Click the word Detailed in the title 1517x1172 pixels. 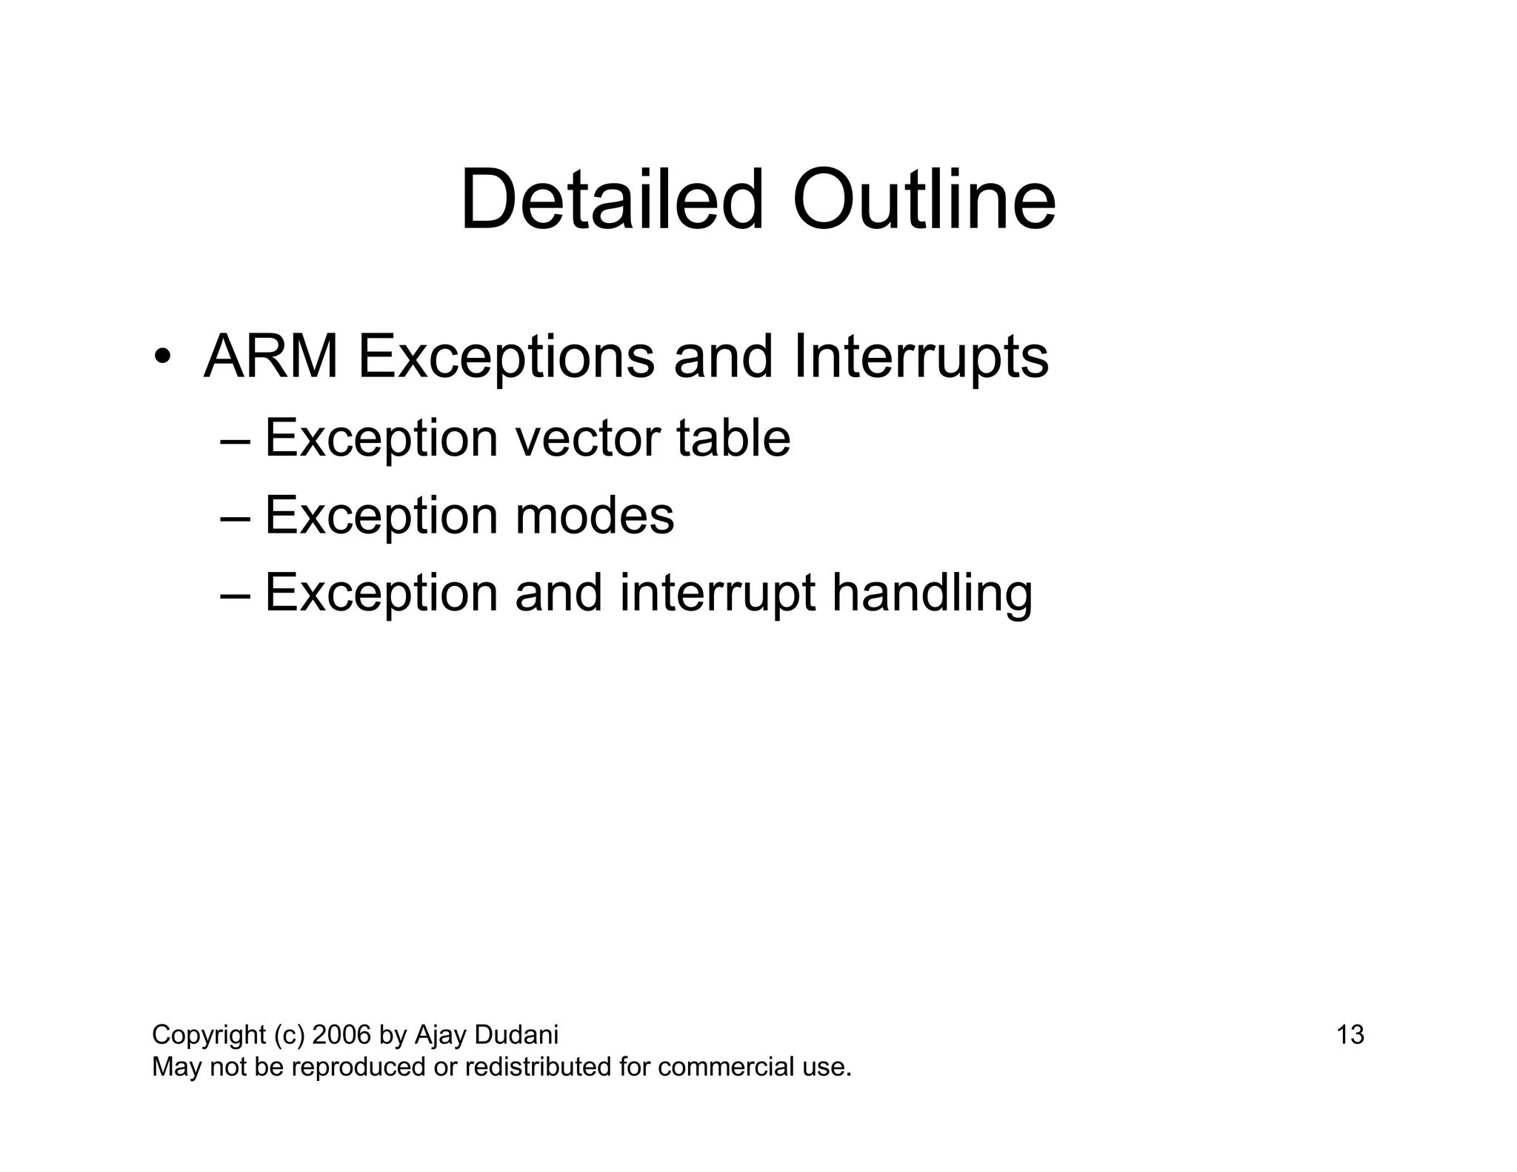[611, 200]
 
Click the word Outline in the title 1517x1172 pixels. [923, 200]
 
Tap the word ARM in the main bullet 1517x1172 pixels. [271, 357]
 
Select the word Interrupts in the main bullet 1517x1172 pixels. [920, 357]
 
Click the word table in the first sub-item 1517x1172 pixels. [733, 439]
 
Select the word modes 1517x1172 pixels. [594, 516]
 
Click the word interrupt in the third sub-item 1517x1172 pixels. [717, 593]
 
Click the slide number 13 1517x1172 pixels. [1350, 1034]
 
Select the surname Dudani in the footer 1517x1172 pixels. [516, 1034]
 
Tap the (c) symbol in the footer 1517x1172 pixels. [289, 1035]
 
